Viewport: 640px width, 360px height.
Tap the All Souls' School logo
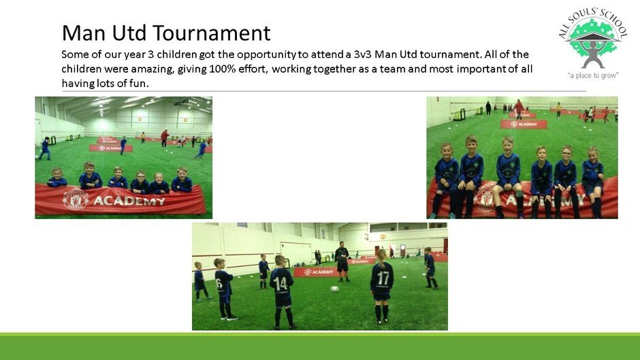[x=592, y=44]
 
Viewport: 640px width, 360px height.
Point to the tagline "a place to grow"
[x=593, y=75]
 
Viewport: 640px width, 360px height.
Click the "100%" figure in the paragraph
[x=223, y=69]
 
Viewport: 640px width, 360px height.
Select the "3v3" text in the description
[x=362, y=54]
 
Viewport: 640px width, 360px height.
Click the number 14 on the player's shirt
[x=281, y=283]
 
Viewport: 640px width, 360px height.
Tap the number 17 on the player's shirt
[x=383, y=278]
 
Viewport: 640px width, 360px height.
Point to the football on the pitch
[x=335, y=289]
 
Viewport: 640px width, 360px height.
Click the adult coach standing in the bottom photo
[x=342, y=261]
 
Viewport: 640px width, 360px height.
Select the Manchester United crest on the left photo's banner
[x=76, y=199]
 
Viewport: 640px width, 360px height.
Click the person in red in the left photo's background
[x=165, y=138]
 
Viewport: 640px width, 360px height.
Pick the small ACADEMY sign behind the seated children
[x=524, y=124]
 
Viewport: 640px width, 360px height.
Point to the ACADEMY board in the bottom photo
[x=317, y=272]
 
